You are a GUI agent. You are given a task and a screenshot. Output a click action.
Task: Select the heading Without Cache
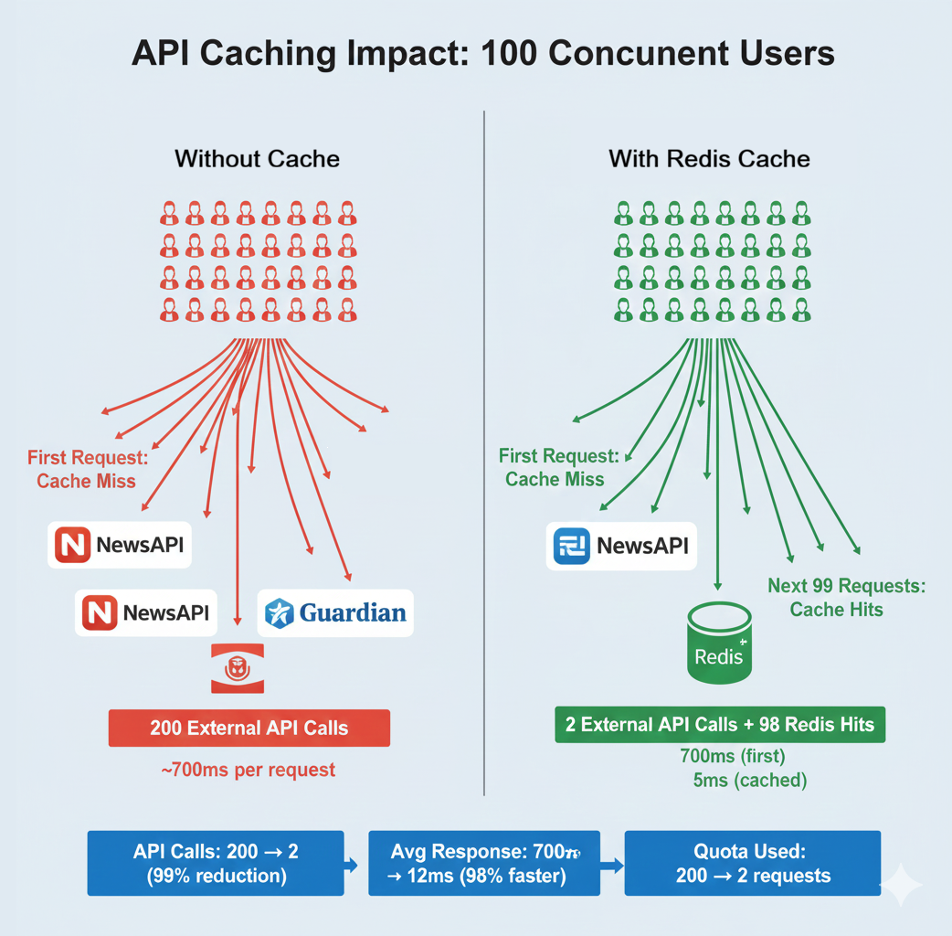pyautogui.click(x=257, y=159)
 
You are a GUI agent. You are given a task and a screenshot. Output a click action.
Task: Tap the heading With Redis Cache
pyautogui.click(x=709, y=159)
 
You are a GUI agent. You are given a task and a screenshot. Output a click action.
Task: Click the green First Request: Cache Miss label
pyautogui.click(x=558, y=467)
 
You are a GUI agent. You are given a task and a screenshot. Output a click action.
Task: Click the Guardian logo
pyautogui.click(x=335, y=612)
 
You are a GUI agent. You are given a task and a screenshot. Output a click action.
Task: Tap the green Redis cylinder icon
pyautogui.click(x=719, y=643)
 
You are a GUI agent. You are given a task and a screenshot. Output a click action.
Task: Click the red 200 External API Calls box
pyautogui.click(x=249, y=729)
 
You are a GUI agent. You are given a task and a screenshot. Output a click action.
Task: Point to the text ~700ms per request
pyautogui.click(x=249, y=770)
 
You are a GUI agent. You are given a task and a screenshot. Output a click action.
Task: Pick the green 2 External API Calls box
pyautogui.click(x=720, y=725)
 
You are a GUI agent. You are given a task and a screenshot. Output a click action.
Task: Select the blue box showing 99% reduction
pyautogui.click(x=215, y=863)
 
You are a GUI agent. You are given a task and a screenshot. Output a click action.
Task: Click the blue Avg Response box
pyautogui.click(x=483, y=863)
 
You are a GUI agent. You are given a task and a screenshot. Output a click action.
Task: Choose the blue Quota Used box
pyautogui.click(x=752, y=863)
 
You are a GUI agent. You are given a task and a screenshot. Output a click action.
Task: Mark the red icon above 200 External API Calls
pyautogui.click(x=237, y=667)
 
